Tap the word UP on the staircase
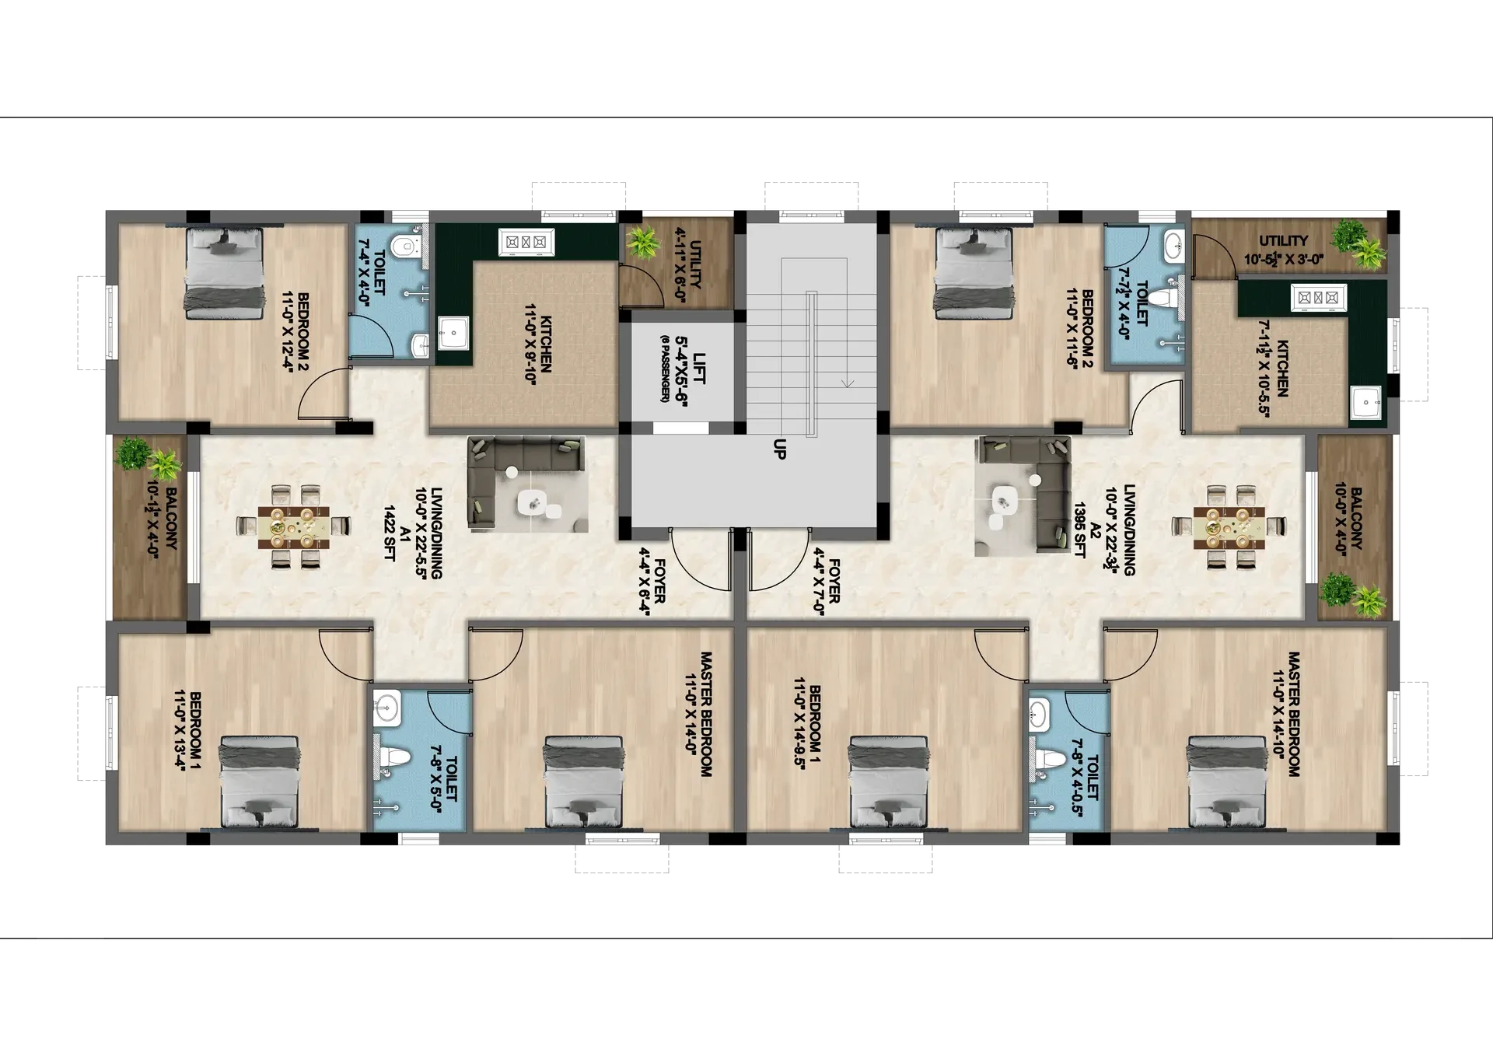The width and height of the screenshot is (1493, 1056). [779, 449]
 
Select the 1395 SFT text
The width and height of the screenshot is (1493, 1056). [1079, 528]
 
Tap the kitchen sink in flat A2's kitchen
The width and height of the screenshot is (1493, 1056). [1365, 402]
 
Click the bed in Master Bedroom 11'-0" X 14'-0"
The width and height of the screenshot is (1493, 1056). [583, 781]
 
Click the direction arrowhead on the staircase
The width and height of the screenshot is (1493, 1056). [848, 383]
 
